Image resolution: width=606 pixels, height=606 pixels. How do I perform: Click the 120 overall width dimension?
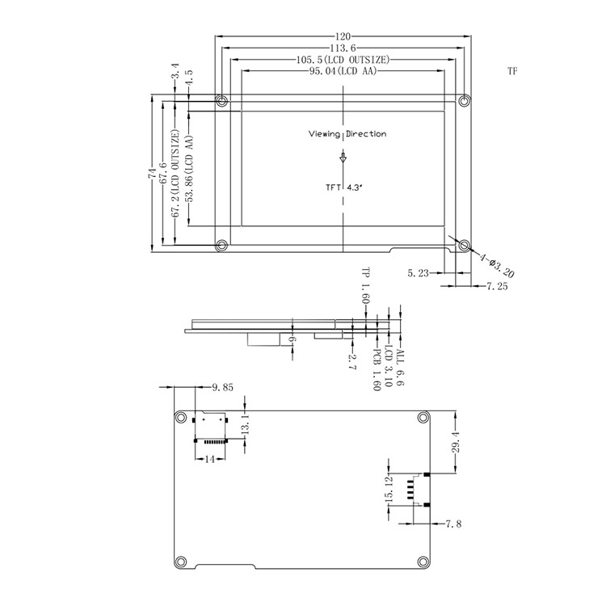345,37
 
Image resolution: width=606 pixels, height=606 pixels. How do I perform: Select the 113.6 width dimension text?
345,48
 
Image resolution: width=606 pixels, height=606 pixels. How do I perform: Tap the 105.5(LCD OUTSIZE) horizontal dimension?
345,61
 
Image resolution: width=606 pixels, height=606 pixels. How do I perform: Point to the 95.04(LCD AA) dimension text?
344,72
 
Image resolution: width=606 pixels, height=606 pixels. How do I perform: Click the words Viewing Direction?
347,134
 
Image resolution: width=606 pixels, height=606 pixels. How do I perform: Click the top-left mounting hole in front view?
221,101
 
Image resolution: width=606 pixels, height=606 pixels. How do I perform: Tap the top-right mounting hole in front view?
465,101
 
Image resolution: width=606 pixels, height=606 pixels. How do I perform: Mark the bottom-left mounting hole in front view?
221,245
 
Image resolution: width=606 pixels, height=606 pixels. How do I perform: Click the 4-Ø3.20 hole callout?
496,264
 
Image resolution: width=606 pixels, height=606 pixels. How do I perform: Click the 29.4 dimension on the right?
457,442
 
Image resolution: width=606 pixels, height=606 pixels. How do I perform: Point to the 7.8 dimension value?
454,524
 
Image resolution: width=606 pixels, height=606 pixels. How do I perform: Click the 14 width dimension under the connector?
210,458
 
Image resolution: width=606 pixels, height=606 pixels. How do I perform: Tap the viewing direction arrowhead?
343,159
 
